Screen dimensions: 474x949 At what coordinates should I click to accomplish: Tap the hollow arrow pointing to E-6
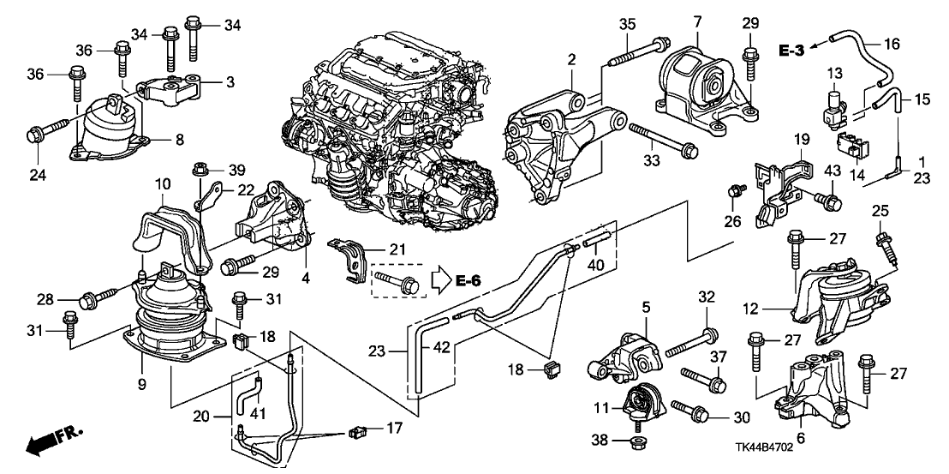440,279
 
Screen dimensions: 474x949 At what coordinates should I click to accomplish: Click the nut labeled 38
637,442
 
